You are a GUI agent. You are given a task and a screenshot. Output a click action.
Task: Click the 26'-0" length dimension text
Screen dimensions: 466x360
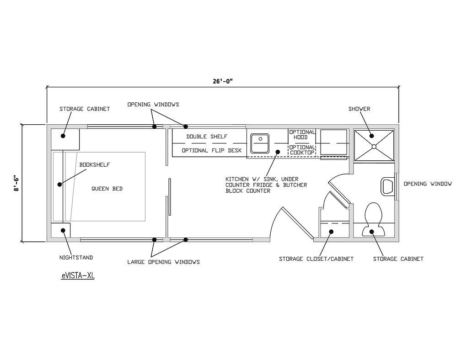click(x=222, y=81)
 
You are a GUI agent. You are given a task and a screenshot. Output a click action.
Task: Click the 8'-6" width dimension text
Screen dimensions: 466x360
click(x=16, y=184)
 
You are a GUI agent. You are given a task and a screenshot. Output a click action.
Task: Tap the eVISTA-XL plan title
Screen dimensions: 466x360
click(x=78, y=276)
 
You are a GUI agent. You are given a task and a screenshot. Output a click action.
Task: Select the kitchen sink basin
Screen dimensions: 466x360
click(x=260, y=143)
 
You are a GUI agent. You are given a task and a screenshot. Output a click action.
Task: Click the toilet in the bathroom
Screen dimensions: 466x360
click(x=373, y=219)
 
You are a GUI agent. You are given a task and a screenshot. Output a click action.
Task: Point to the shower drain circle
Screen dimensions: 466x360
click(x=374, y=146)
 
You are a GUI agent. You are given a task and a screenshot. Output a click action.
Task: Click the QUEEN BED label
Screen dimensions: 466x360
click(x=107, y=189)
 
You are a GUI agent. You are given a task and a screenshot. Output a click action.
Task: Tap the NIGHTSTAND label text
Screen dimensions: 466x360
click(x=76, y=258)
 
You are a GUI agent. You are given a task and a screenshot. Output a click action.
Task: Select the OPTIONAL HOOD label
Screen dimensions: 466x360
click(x=302, y=135)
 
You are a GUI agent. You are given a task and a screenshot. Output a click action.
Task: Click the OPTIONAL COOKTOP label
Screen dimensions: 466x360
click(x=302, y=150)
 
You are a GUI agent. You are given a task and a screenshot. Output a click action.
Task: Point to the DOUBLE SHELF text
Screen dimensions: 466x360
click(x=207, y=137)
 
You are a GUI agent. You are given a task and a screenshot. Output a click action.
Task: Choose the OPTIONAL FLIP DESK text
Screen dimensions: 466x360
click(x=212, y=150)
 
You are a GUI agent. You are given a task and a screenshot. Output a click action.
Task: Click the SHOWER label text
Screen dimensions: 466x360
click(x=359, y=109)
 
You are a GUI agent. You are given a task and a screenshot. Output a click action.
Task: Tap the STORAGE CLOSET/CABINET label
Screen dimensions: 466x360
click(x=316, y=259)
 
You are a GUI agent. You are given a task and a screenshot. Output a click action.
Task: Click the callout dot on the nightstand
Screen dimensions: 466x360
click(x=63, y=230)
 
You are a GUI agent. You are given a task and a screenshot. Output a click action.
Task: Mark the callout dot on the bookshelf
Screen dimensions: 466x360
click(x=60, y=184)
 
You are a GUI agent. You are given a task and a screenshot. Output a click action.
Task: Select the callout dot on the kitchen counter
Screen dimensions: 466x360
click(x=278, y=152)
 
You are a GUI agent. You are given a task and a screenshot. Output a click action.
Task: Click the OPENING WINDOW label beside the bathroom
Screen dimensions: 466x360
click(x=428, y=184)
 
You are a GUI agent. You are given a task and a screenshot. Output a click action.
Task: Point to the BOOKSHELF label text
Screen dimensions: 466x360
click(x=95, y=165)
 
